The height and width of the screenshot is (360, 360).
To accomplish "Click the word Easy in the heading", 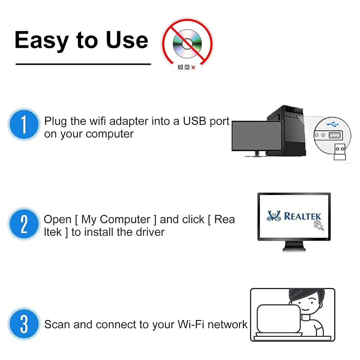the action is (x=41, y=40).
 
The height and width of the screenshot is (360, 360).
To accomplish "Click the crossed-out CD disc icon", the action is (x=187, y=44).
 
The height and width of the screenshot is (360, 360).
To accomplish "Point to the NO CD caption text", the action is (x=184, y=68).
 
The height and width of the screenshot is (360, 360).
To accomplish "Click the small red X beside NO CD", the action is (x=193, y=68).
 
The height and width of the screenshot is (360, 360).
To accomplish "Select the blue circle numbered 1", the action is (x=24, y=124).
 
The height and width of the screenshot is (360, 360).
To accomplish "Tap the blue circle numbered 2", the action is (x=24, y=224).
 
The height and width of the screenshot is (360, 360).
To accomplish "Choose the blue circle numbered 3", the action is (x=24, y=324).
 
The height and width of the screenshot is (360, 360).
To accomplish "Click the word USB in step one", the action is (x=194, y=121).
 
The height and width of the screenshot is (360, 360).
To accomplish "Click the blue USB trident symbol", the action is (x=333, y=124).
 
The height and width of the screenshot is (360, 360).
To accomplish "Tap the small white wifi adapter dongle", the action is (x=339, y=152).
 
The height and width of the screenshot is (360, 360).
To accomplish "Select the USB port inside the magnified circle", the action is (x=336, y=135).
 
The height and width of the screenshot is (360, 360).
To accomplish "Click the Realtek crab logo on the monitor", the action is (x=274, y=216).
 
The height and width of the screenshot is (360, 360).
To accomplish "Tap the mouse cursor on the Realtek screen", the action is (x=319, y=225).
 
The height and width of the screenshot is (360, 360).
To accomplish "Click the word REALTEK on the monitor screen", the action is (x=302, y=216).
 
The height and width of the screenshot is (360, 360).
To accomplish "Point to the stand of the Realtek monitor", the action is (x=294, y=246).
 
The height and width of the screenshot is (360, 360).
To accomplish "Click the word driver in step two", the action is (x=150, y=232).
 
